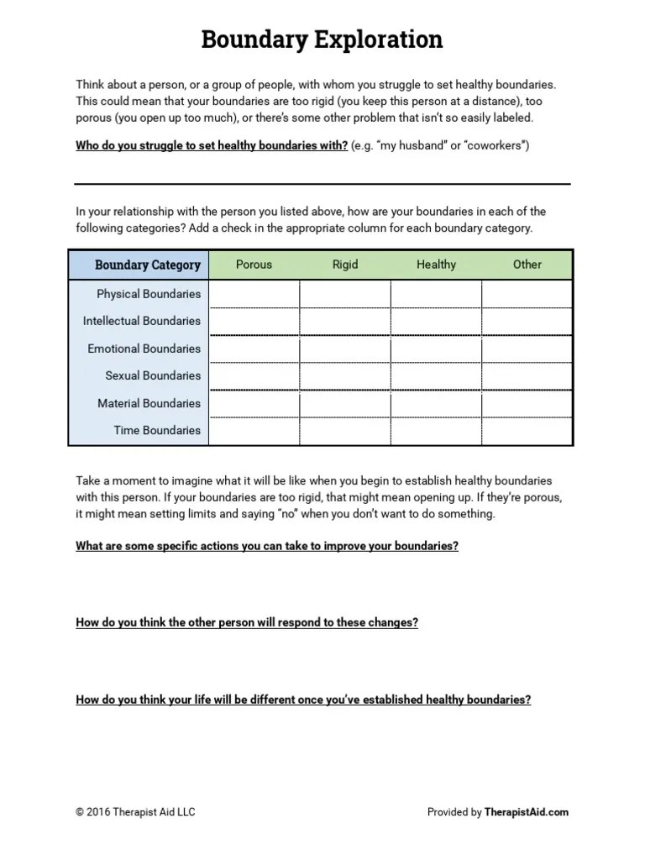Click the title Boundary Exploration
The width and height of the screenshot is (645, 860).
[x=322, y=39]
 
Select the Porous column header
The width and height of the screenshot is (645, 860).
[x=254, y=265]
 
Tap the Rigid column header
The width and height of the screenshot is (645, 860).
[x=345, y=265]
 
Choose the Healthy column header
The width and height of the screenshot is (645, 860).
[x=436, y=265]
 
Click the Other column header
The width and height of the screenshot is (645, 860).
[x=527, y=265]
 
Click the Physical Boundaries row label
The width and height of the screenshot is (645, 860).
[x=149, y=294]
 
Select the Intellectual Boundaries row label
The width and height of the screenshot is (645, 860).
[x=142, y=321]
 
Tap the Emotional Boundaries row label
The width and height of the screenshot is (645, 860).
[x=144, y=349]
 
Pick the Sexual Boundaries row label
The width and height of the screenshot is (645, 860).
[x=153, y=375]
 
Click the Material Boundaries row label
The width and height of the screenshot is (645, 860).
[x=149, y=403]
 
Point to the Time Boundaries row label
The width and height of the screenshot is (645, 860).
[x=157, y=430]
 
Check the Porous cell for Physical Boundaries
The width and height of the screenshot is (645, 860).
[x=254, y=294]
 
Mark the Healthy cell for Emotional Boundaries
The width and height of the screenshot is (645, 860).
[x=436, y=349]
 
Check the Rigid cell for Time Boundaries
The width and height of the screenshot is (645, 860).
[x=345, y=430]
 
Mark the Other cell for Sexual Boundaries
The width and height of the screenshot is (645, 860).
[x=527, y=375]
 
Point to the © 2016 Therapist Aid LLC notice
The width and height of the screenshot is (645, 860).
[x=135, y=812]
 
